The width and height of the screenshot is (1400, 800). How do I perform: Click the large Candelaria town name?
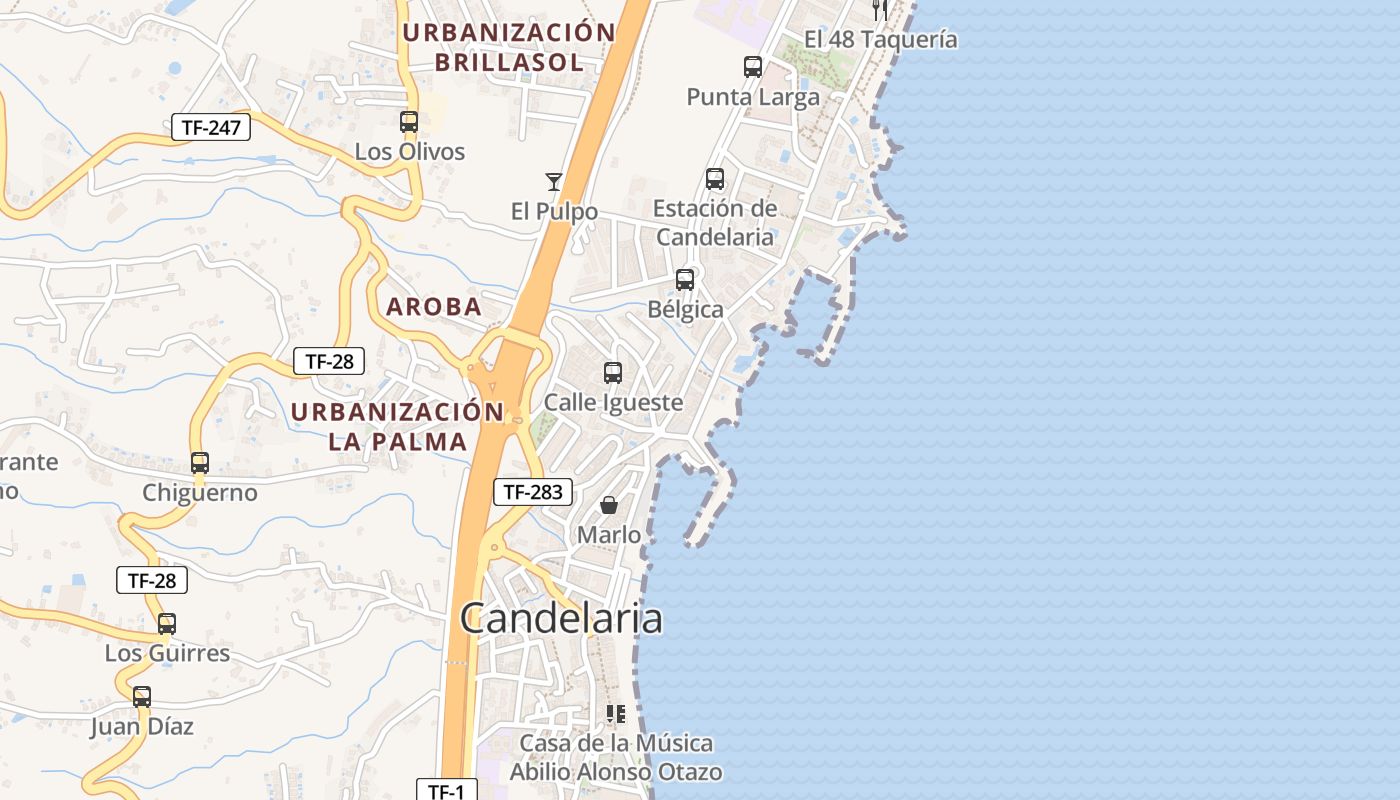561,619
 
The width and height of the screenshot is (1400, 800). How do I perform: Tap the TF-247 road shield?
210,127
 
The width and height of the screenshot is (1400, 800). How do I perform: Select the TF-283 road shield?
532,491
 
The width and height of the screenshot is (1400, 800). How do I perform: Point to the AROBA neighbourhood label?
434,307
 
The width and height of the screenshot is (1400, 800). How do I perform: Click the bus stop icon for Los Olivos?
409,122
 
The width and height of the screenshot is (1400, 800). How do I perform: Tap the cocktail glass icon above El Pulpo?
554,181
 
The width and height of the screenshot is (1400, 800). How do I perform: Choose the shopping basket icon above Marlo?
609,505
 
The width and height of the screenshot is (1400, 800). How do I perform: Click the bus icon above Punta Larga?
753,67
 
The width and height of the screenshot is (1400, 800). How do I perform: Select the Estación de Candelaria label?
715,223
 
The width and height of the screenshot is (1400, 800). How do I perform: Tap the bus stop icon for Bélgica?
685,280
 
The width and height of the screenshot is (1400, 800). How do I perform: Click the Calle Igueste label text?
613,403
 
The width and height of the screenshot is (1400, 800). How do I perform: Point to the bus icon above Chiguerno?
200,463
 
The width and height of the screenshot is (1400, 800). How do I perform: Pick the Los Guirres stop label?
167,654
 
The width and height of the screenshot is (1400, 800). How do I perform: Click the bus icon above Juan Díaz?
142,697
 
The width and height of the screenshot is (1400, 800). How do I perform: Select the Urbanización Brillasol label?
509,47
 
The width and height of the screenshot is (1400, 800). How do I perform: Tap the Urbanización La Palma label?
398,426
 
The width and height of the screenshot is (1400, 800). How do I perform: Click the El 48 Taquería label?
881,40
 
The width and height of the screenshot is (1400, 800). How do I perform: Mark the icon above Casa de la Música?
615,714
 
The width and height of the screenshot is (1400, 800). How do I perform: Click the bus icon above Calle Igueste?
613,373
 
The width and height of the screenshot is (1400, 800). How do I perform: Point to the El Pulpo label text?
554,212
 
